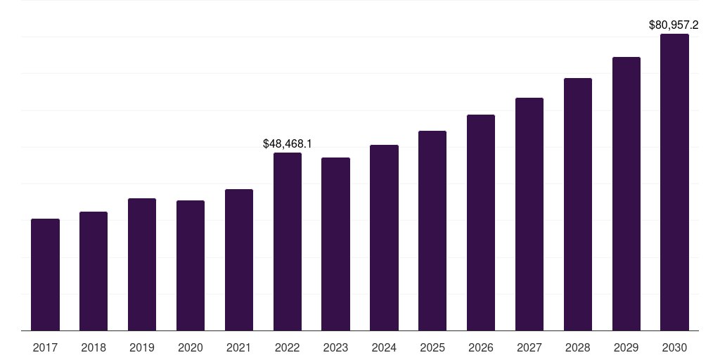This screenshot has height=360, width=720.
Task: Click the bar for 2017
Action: pyautogui.click(x=45, y=275)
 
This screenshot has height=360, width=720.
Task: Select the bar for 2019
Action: pyautogui.click(x=142, y=264)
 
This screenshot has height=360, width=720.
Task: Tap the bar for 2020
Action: pyautogui.click(x=191, y=265)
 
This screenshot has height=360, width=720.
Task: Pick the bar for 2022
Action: pyautogui.click(x=288, y=242)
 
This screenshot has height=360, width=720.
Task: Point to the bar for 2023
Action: pyautogui.click(x=335, y=244)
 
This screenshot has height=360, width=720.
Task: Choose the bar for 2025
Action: pyautogui.click(x=432, y=231)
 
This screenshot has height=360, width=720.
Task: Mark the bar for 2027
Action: pyautogui.click(x=529, y=214)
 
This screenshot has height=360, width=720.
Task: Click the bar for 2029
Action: pyautogui.click(x=626, y=194)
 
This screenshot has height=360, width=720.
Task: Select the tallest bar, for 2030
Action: pyautogui.click(x=674, y=182)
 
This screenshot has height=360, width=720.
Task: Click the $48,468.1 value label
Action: pyautogui.click(x=288, y=143)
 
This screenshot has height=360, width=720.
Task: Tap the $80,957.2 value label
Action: pyautogui.click(x=674, y=25)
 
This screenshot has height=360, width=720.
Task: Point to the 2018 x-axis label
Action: pyautogui.click(x=94, y=347)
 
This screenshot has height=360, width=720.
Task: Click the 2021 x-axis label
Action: pyautogui.click(x=239, y=347)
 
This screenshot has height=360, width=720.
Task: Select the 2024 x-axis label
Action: pyautogui.click(x=385, y=347)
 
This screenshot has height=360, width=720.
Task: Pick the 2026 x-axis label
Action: pyautogui.click(x=481, y=347)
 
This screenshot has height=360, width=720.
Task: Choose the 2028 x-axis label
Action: pyautogui.click(x=578, y=347)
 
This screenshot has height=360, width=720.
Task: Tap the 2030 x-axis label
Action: pyautogui.click(x=674, y=347)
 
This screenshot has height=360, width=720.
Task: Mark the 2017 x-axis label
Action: pyautogui.click(x=45, y=347)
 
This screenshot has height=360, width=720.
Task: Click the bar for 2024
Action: pyautogui.click(x=385, y=238)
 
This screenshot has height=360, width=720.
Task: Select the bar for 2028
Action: pyautogui.click(x=578, y=205)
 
